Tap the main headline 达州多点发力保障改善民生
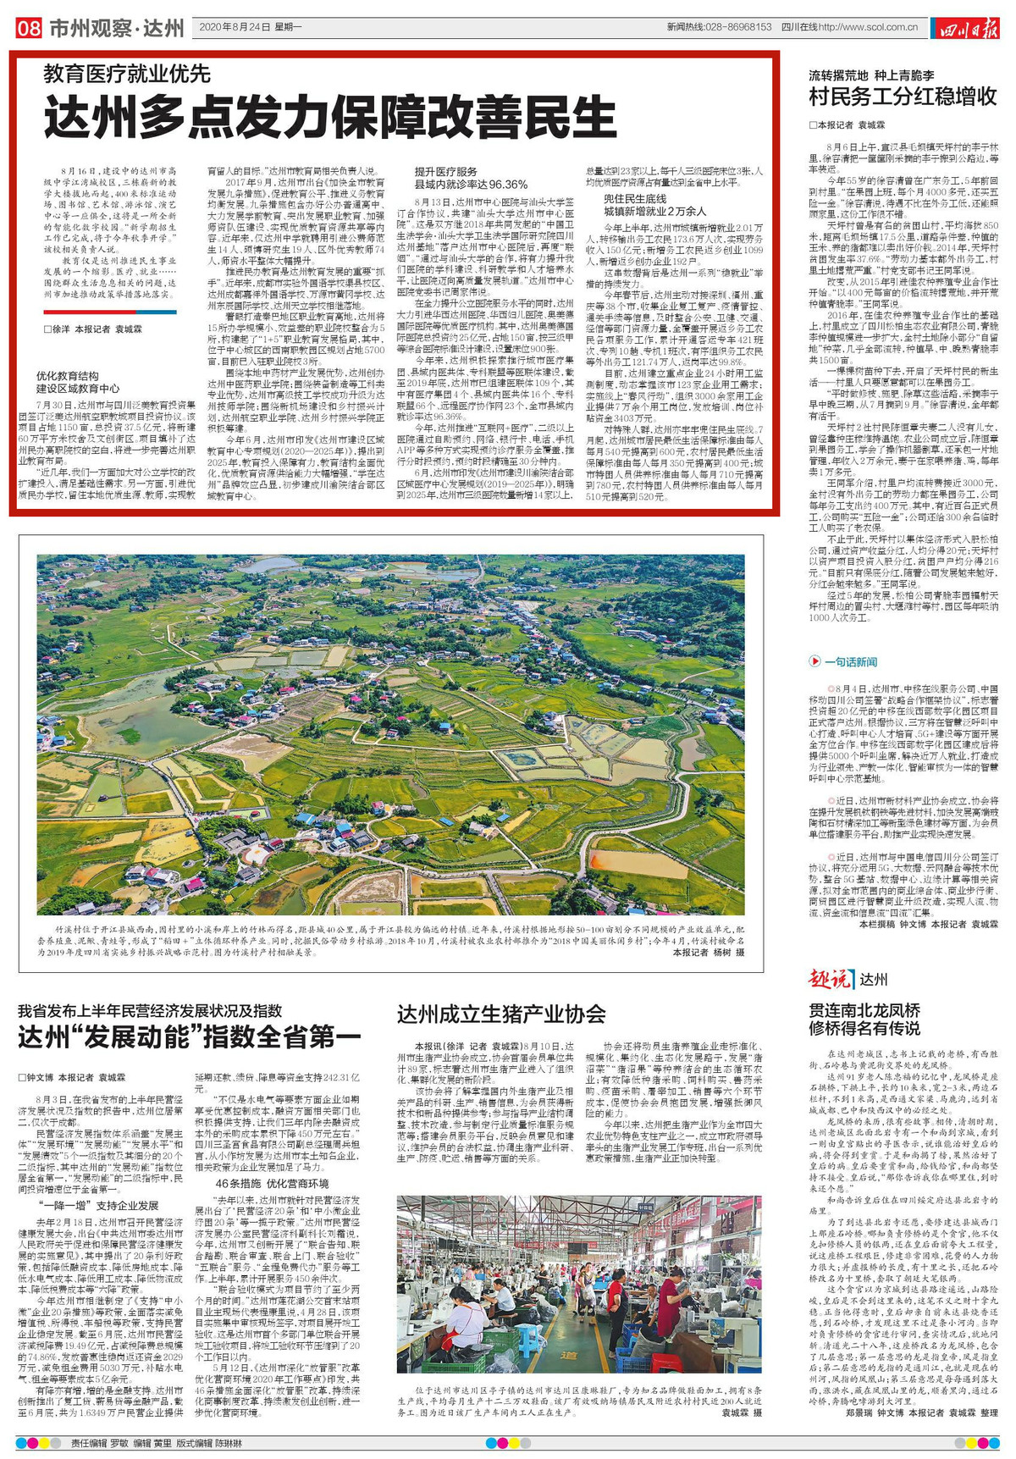pyautogui.click(x=330, y=116)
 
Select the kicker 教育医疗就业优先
pyautogui.click(x=127, y=75)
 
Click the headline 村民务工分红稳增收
pyautogui.click(x=903, y=96)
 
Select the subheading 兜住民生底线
pyautogui.click(x=634, y=198)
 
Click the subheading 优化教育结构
pyautogui.click(x=67, y=375)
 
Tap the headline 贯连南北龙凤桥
pyautogui.click(x=864, y=1009)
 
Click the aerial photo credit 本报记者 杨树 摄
pyautogui.click(x=709, y=952)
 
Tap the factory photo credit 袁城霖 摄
pyautogui.click(x=741, y=1412)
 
